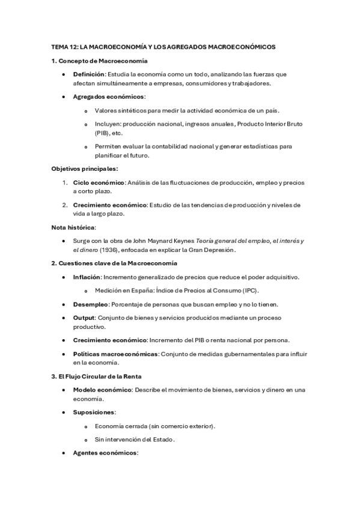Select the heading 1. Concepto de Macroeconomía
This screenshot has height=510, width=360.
(x=99, y=61)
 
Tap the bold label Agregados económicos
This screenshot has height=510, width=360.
(x=109, y=97)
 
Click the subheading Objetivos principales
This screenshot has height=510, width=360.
(x=84, y=169)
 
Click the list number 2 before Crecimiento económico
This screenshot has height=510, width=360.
(x=64, y=204)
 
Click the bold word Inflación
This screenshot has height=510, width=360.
(x=87, y=277)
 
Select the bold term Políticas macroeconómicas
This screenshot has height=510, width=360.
(x=115, y=354)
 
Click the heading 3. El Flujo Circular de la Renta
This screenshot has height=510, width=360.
(x=96, y=376)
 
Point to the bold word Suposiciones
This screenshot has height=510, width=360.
(x=94, y=413)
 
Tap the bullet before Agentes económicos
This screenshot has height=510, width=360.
(x=64, y=452)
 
